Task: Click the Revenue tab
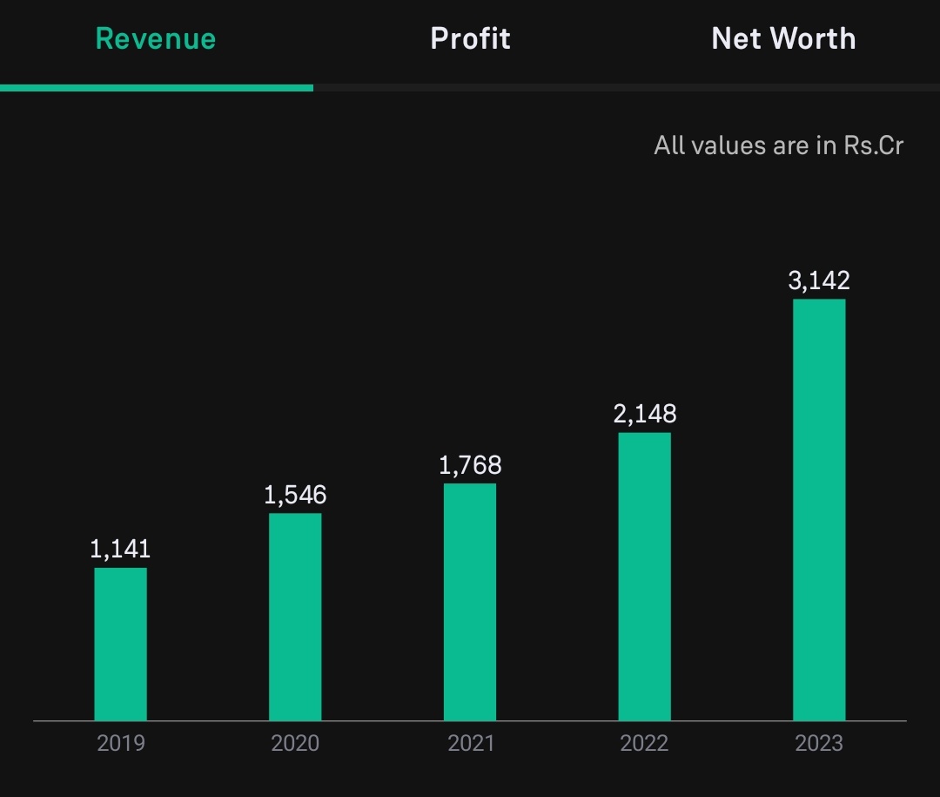tap(155, 39)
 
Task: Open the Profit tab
tap(470, 39)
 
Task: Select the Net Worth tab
tap(783, 39)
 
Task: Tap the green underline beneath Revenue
tap(157, 88)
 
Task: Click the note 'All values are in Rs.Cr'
tap(778, 145)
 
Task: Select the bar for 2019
tap(120, 644)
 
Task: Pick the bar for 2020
tap(295, 617)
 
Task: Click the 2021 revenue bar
tap(470, 602)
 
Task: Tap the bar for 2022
tap(644, 577)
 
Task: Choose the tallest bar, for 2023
tap(820, 510)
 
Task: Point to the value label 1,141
tap(120, 549)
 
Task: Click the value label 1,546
tap(295, 495)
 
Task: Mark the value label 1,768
tap(470, 465)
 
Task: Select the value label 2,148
tap(644, 414)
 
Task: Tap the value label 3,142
tap(819, 280)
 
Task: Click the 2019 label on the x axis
tap(120, 744)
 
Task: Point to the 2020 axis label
tap(295, 744)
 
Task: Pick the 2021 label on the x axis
tap(471, 744)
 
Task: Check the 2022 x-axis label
tap(644, 744)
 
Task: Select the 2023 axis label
tap(819, 744)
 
